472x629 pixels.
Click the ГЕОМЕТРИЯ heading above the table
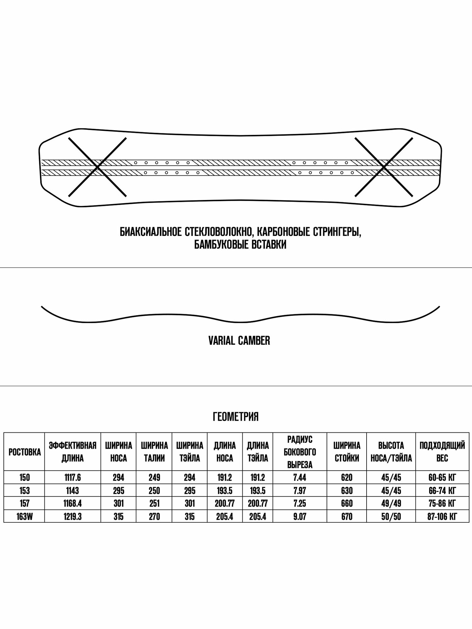point(236,417)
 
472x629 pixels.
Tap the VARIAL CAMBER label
point(239,341)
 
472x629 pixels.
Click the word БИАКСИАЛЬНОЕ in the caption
point(150,232)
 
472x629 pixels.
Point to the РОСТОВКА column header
point(25,452)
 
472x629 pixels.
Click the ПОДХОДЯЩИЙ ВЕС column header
point(442,452)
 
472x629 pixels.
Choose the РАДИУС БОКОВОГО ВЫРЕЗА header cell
point(300,452)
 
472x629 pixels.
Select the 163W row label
point(25,517)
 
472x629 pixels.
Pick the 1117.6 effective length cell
point(72,478)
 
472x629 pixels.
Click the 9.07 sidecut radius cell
point(300,517)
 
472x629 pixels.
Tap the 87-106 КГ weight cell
point(442,517)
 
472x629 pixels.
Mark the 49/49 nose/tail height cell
point(391,504)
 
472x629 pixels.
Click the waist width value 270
point(154,517)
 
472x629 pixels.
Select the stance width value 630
point(347,491)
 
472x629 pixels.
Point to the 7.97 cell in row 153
point(300,491)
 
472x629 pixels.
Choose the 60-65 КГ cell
point(442,478)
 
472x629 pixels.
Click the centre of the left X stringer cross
point(97,167)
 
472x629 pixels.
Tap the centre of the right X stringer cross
point(384,167)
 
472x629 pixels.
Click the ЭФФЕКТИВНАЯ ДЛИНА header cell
point(72,452)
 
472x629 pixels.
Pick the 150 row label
point(25,478)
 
